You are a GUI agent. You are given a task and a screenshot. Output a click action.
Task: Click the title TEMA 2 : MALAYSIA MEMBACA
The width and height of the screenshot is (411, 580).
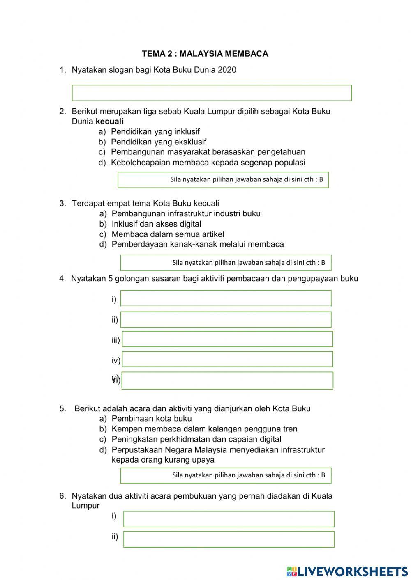click(x=205, y=54)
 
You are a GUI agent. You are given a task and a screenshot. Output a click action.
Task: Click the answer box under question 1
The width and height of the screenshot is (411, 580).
click(x=212, y=93)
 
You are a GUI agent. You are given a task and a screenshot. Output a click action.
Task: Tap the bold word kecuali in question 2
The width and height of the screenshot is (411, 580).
click(x=109, y=122)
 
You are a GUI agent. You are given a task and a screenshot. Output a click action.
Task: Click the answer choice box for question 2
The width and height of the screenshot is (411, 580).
click(x=223, y=180)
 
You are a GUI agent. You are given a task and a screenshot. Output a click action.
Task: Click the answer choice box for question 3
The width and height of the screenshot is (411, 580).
click(x=225, y=263)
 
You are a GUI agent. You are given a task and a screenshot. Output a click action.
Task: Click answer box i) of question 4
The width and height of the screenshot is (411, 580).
click(x=226, y=298)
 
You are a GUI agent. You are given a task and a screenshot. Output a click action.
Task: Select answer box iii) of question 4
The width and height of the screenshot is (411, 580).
click(x=227, y=339)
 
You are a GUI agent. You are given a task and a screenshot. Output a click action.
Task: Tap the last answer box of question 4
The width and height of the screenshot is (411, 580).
click(x=227, y=380)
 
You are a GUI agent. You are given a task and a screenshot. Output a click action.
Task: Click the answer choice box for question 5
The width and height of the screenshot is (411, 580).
click(x=225, y=475)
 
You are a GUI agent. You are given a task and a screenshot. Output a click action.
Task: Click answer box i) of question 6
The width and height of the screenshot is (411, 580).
click(x=229, y=519)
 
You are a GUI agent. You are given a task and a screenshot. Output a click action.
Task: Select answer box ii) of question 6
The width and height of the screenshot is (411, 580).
click(x=229, y=539)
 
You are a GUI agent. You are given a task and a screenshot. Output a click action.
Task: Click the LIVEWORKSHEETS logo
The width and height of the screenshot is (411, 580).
click(x=347, y=571)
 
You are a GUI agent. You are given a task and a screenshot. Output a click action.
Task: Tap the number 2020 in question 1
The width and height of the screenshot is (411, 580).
click(x=227, y=70)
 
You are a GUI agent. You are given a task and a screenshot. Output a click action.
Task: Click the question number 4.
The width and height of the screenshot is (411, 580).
click(x=62, y=279)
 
